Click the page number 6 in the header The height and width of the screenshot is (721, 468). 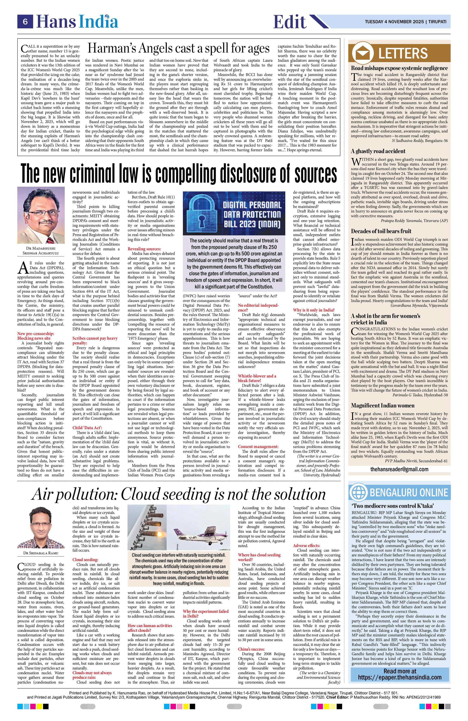25,22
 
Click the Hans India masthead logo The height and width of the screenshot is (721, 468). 77,22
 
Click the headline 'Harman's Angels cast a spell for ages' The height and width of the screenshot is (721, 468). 178,48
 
